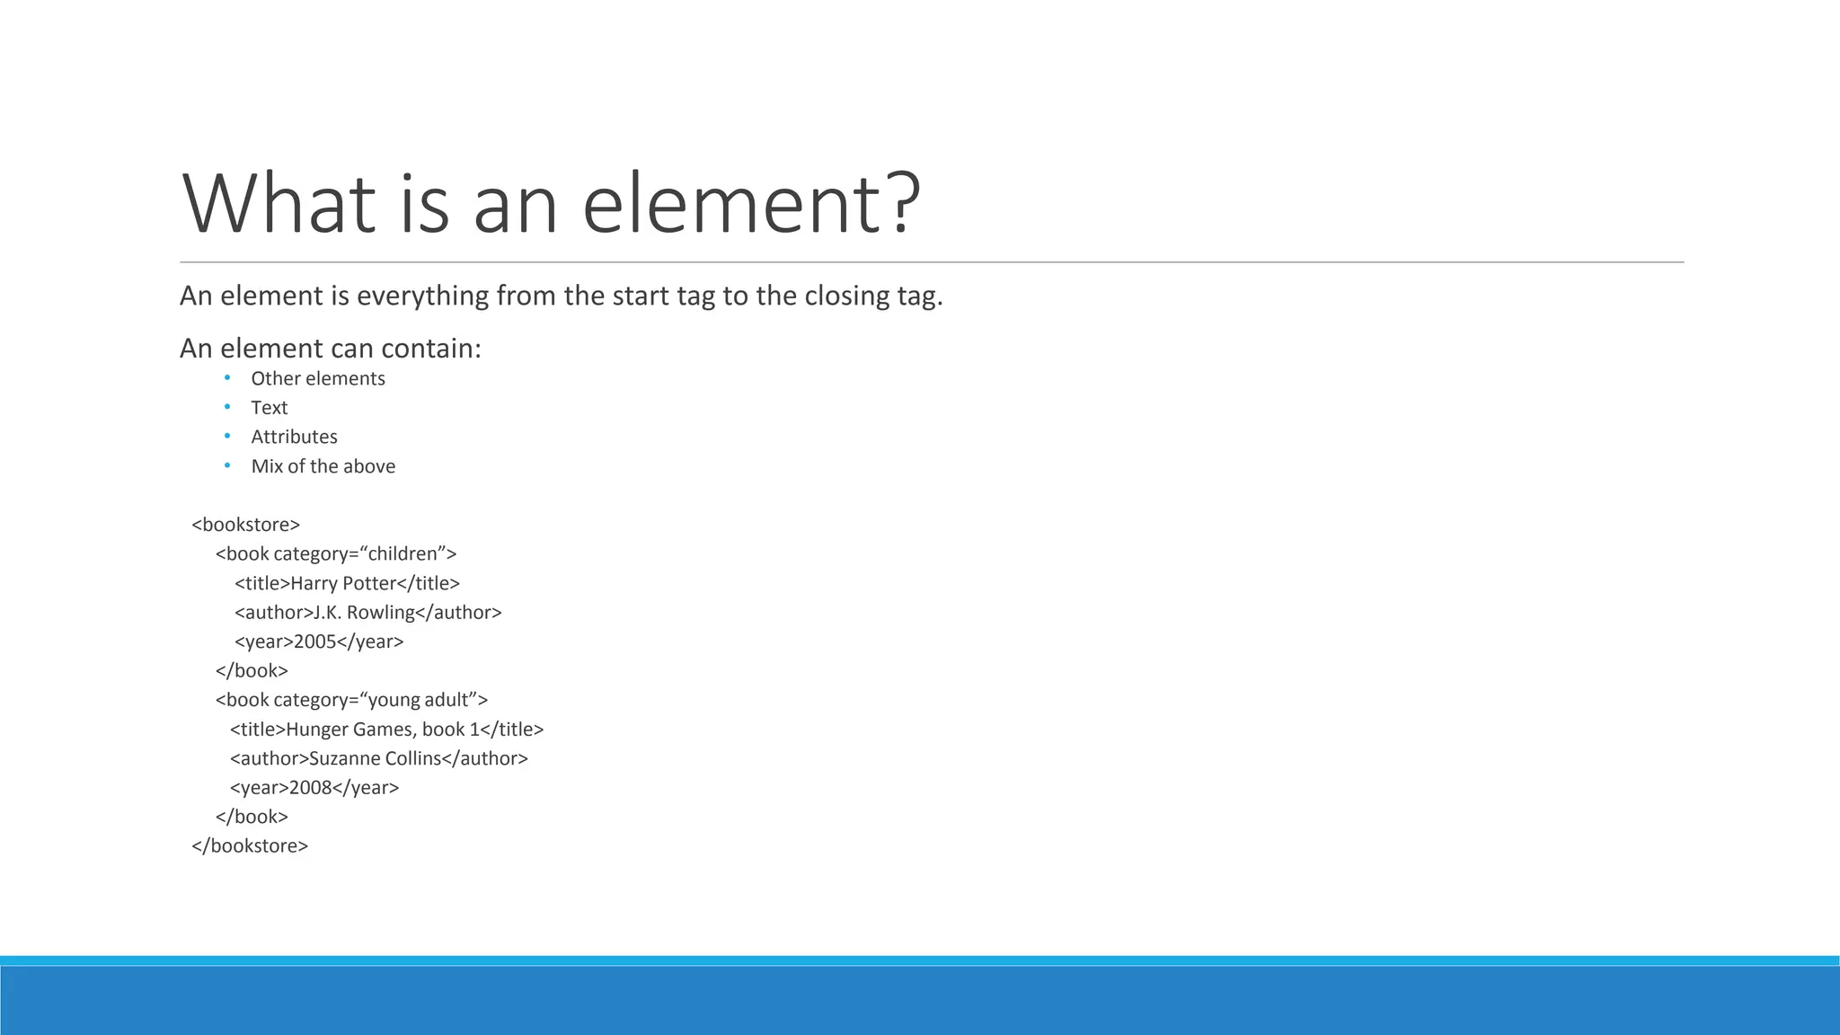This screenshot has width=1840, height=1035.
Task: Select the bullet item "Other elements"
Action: click(317, 379)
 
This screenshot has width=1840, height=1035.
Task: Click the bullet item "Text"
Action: click(269, 408)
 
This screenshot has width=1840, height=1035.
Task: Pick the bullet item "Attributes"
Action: click(294, 437)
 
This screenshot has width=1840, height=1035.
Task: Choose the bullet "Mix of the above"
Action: click(323, 466)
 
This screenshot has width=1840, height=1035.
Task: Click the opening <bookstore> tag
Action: click(245, 525)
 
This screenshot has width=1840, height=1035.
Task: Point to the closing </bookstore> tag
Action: click(250, 845)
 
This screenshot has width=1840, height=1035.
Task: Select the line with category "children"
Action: click(336, 553)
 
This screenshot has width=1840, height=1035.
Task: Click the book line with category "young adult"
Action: click(351, 700)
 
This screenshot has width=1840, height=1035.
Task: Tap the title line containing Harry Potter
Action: click(347, 583)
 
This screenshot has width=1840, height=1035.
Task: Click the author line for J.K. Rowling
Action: click(367, 613)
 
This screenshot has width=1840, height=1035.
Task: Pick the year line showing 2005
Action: click(319, 641)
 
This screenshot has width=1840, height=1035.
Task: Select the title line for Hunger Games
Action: click(386, 730)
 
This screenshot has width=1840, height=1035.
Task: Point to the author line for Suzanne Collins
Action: click(378, 758)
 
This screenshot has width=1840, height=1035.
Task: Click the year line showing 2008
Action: click(314, 788)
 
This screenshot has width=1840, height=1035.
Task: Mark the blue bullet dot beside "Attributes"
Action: click(227, 436)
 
